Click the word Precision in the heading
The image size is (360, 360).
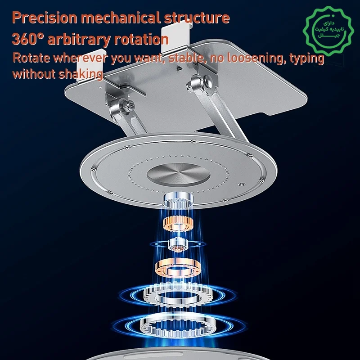(x=45, y=18)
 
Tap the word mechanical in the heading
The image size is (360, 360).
(x=121, y=18)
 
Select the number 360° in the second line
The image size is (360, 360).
(x=27, y=39)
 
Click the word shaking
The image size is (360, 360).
(x=81, y=74)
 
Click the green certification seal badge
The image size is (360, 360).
(x=328, y=31)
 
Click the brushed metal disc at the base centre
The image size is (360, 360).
(x=178, y=175)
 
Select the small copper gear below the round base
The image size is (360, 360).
(x=178, y=224)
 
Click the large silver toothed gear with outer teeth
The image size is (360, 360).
(x=178, y=295)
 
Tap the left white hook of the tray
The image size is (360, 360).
(x=90, y=66)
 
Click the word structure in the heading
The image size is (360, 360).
(x=197, y=18)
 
